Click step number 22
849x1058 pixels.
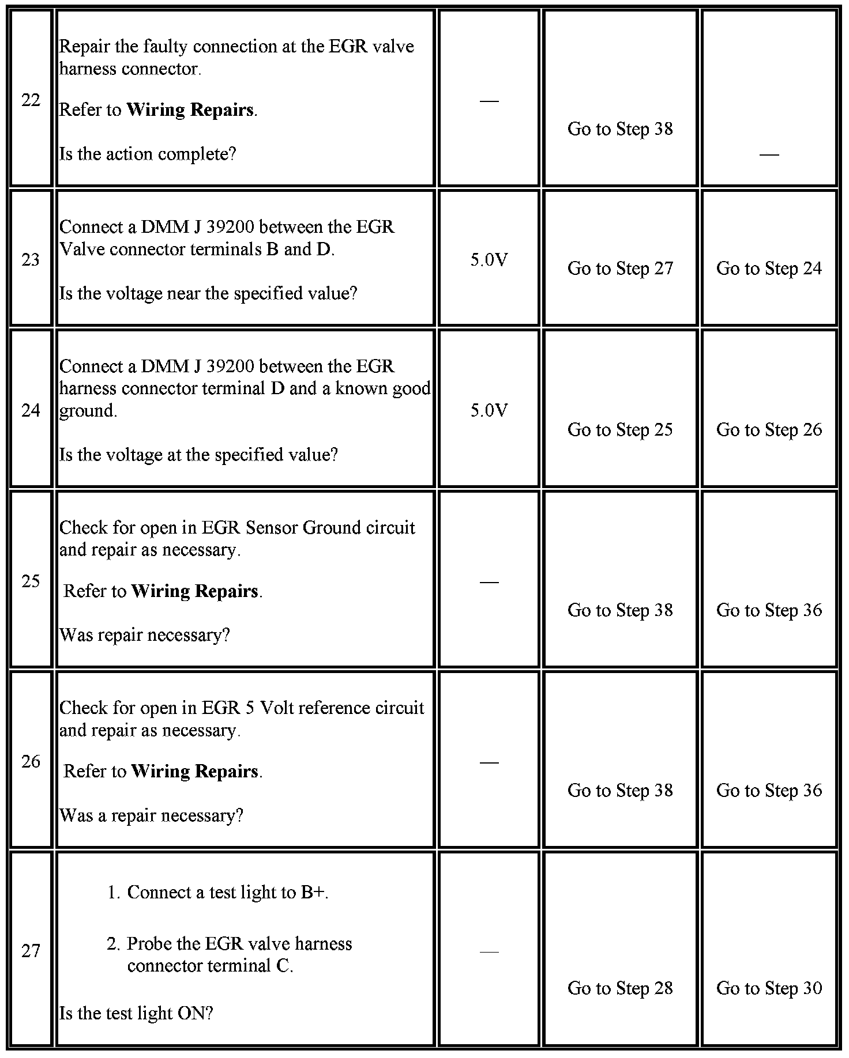[31, 100]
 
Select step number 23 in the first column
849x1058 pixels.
[31, 260]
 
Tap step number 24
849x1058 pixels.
[31, 410]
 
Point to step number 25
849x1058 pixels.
[31, 581]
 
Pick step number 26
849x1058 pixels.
[31, 761]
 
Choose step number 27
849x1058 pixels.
[31, 950]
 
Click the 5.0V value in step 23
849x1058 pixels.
[489, 260]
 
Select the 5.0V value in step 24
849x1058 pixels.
[489, 410]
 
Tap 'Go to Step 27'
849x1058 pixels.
[620, 269]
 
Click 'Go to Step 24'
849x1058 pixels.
[769, 269]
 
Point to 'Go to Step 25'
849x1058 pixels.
[620, 430]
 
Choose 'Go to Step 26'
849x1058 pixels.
[769, 430]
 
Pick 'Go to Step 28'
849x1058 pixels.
[620, 988]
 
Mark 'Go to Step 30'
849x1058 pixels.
[769, 988]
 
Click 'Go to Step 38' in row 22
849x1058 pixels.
[620, 129]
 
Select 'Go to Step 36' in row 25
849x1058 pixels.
[769, 610]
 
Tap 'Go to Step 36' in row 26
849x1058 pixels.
[769, 790]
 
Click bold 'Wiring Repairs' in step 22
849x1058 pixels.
[190, 110]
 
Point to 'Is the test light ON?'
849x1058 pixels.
[136, 1013]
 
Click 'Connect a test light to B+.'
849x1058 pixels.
[227, 893]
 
